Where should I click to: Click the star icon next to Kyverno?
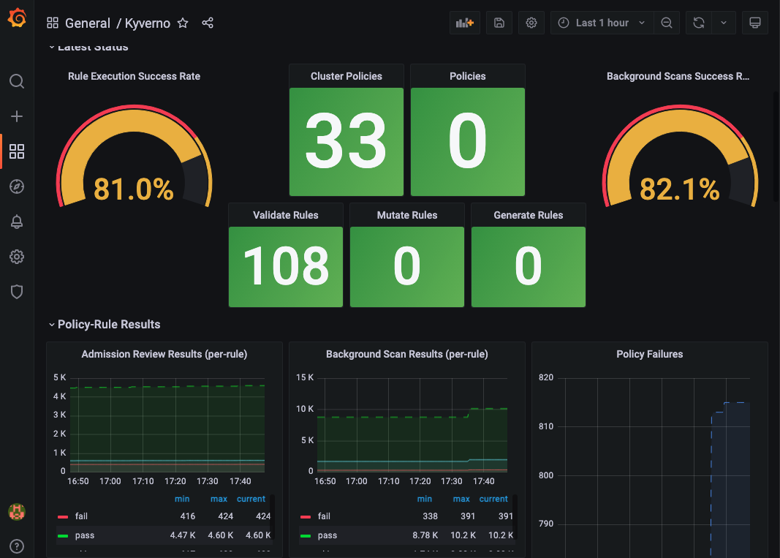point(183,23)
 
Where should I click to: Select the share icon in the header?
point(208,23)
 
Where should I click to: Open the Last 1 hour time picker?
point(602,23)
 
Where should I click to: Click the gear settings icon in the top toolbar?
point(531,23)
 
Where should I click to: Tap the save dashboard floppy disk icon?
point(499,23)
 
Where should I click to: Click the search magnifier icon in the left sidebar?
point(17,81)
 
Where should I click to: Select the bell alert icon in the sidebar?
point(17,222)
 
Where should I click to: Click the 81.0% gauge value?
point(134,189)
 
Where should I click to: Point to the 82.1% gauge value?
point(679,189)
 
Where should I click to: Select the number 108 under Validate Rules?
point(286,266)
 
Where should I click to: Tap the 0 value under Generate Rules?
point(528,266)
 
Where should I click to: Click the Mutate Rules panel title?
point(407,215)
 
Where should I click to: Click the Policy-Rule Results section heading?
point(109,324)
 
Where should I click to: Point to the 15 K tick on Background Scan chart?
point(306,377)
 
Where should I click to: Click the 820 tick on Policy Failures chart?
point(546,377)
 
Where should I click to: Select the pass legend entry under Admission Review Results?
point(84,535)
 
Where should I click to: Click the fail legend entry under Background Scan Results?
point(324,516)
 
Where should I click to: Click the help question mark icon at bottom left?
point(17,546)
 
